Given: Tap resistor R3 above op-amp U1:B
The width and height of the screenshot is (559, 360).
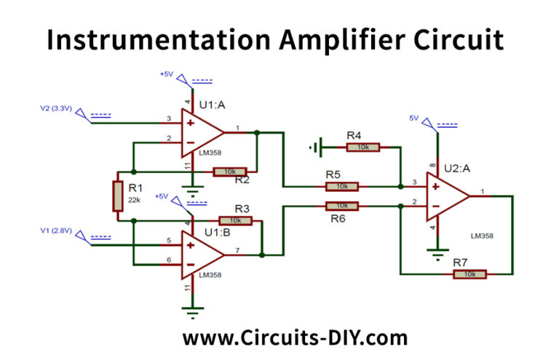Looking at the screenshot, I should (x=234, y=220).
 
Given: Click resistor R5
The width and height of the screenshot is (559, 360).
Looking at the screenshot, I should (x=341, y=186).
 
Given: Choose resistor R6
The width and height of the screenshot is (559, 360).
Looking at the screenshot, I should (x=341, y=206).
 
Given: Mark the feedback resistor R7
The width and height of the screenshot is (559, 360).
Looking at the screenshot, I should (x=469, y=274).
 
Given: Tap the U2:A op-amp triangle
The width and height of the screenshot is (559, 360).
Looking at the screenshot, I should (x=447, y=196).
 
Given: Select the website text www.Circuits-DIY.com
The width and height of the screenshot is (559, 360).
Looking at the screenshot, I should (x=295, y=338).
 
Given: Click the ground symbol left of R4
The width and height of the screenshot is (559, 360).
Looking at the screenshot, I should (x=314, y=148).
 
